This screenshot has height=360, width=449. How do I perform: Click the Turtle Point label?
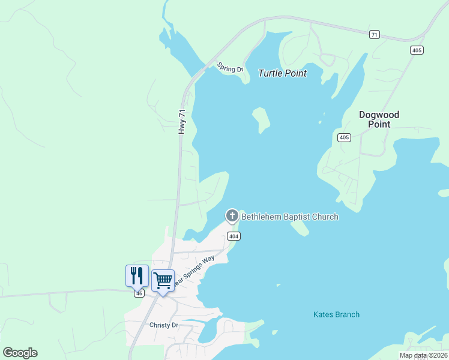[282, 73]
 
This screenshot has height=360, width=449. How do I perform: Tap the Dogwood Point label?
[379, 119]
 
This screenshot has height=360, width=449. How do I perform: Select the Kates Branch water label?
[336, 314]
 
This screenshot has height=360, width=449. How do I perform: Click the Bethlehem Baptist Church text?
[290, 217]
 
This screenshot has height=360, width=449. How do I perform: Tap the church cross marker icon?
[232, 215]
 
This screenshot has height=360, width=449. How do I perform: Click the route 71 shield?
[375, 35]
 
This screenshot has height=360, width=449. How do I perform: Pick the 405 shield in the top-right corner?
[417, 50]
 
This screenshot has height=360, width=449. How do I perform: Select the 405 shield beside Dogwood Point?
[344, 137]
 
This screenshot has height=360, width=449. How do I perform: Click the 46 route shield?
[139, 293]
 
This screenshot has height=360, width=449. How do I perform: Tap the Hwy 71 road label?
[181, 121]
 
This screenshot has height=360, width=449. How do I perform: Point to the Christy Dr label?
[164, 325]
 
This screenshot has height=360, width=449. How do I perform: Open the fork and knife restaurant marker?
[137, 275]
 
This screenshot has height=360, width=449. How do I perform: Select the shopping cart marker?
[163, 280]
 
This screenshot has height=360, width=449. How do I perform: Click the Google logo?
[20, 353]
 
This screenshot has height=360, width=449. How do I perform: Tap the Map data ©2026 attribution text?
[424, 355]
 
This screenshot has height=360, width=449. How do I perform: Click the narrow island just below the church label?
[300, 229]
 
